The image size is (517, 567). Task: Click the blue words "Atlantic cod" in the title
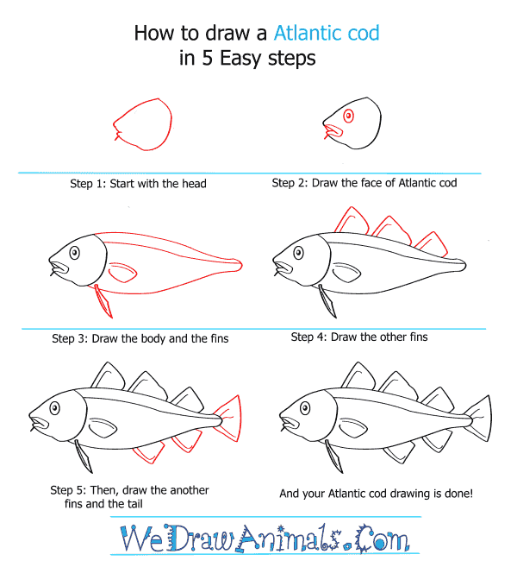click(327, 33)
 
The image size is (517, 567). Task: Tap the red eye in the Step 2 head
click(348, 117)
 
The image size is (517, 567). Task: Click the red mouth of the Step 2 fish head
click(333, 131)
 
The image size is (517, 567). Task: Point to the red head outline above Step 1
click(143, 124)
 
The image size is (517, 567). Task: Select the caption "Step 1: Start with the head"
click(138, 183)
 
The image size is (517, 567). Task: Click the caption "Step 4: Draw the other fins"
click(359, 337)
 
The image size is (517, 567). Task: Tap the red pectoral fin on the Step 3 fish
click(122, 273)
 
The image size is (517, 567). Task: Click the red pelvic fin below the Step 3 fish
click(103, 301)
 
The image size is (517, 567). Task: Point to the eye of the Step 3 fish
click(74, 253)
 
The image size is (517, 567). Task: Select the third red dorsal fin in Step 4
click(433, 244)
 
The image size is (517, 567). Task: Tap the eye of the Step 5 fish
click(54, 408)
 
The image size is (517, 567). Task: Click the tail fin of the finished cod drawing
click(477, 419)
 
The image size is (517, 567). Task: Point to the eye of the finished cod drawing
click(305, 408)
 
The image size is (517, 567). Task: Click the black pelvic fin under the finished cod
click(334, 456)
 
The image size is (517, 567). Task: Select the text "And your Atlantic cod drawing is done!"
click(377, 494)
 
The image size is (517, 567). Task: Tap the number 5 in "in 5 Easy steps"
click(208, 58)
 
